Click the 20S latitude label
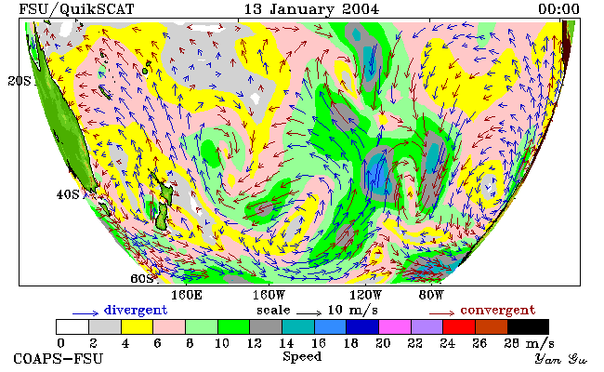click(20, 81)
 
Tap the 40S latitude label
click(68, 194)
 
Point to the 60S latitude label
click(142, 279)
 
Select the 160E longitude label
click(187, 296)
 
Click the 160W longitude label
click(269, 296)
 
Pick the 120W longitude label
click(365, 296)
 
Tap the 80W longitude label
click(431, 296)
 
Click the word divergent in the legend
click(136, 310)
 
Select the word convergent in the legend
click(498, 310)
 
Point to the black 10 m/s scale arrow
click(309, 312)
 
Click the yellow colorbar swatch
click(138, 326)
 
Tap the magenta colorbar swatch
click(395, 326)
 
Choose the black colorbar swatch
click(528, 326)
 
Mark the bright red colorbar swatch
click(459, 326)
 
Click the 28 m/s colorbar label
click(530, 342)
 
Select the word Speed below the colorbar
click(302, 357)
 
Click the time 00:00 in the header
click(558, 9)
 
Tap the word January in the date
click(301, 9)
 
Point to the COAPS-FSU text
click(59, 358)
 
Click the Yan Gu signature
click(560, 359)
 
